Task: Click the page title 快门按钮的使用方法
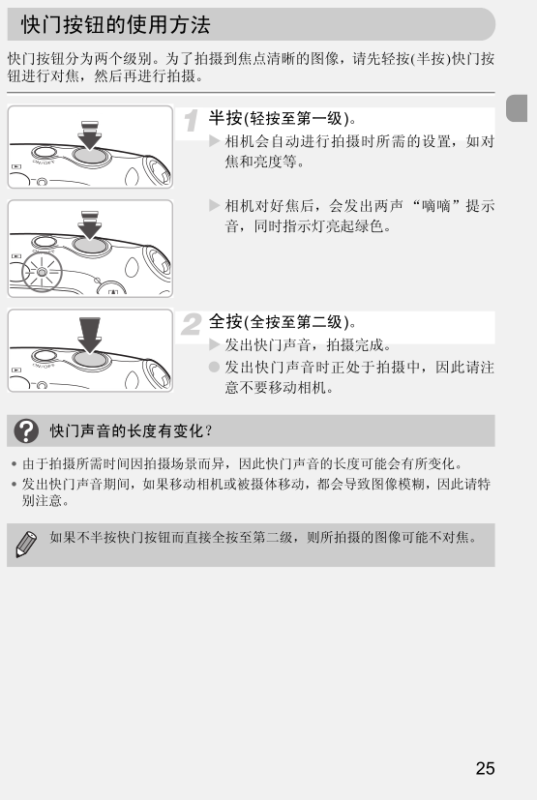pos(115,24)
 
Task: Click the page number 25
pos(485,768)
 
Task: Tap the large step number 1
pos(191,122)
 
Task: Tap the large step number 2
pos(192,324)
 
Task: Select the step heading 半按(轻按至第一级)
pos(283,118)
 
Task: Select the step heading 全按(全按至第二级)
pos(283,322)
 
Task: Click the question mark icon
pos(26,431)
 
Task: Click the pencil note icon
pos(25,544)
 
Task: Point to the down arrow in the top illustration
pos(89,135)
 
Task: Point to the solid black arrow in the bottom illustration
pos(90,335)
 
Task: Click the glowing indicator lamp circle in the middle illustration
pos(42,273)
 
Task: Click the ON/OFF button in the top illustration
pos(44,153)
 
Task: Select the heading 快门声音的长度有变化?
pos(131,431)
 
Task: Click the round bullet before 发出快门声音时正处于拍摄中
pos(214,367)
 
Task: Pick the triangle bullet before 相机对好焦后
pos(215,205)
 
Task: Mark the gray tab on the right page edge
pos(516,108)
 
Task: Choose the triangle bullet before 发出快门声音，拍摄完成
pos(215,344)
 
